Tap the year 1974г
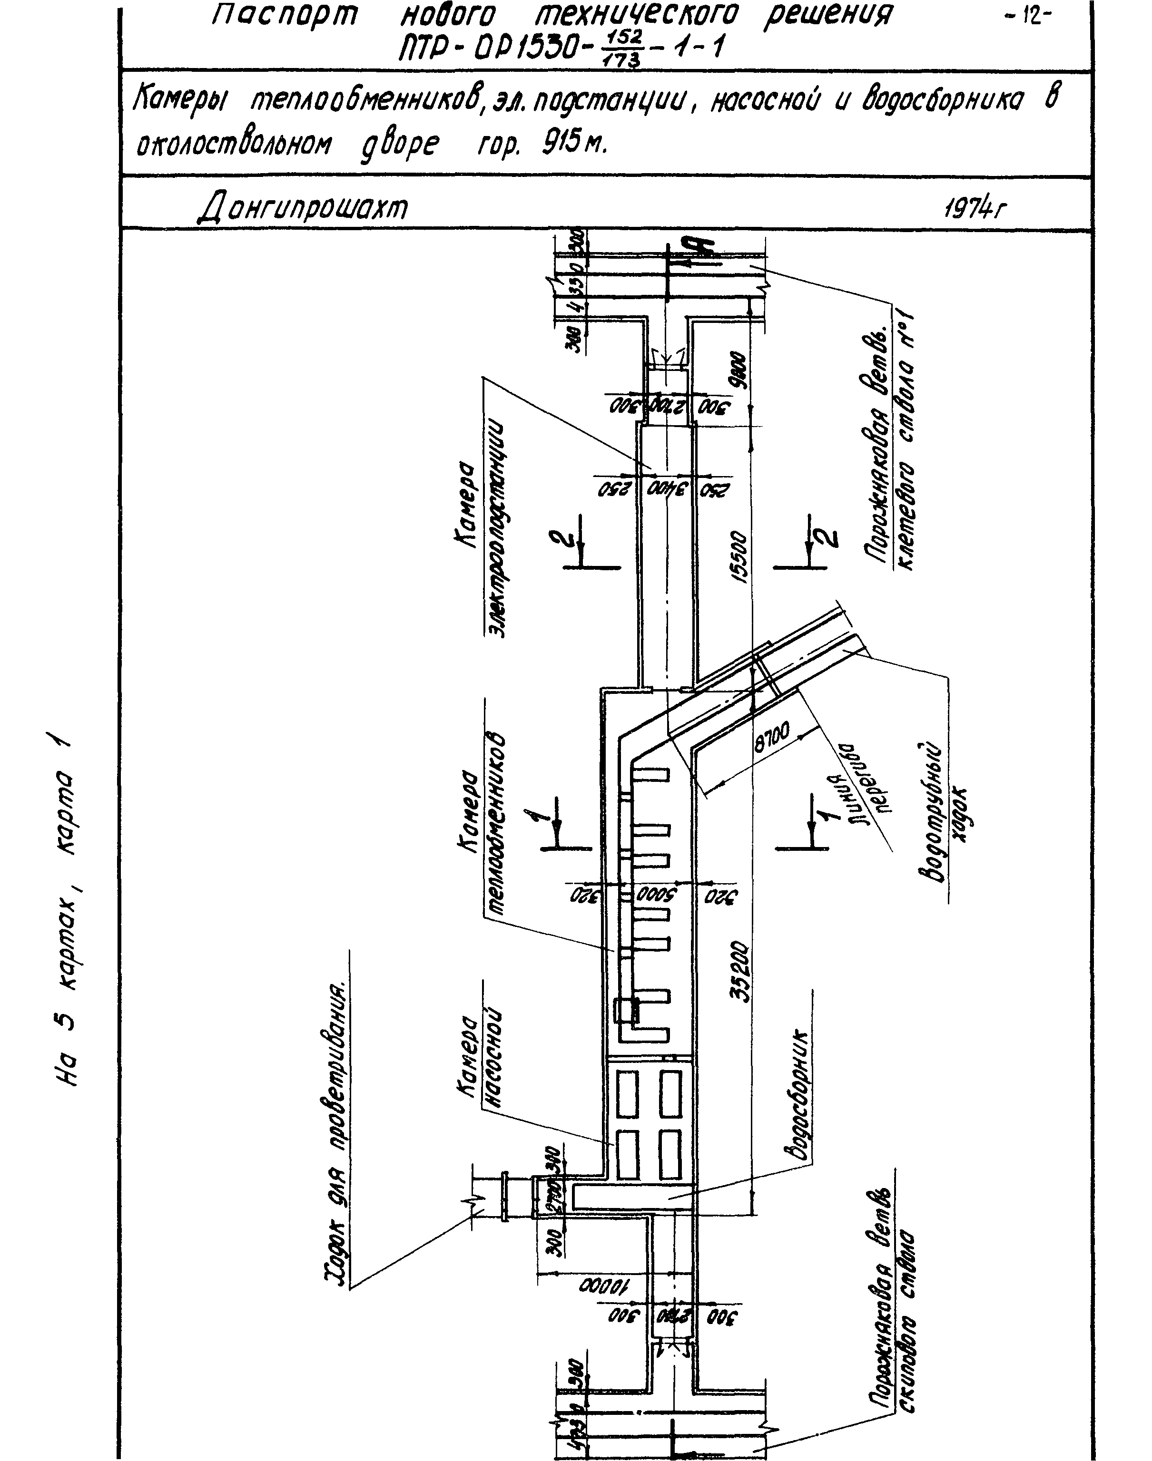click(x=974, y=208)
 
